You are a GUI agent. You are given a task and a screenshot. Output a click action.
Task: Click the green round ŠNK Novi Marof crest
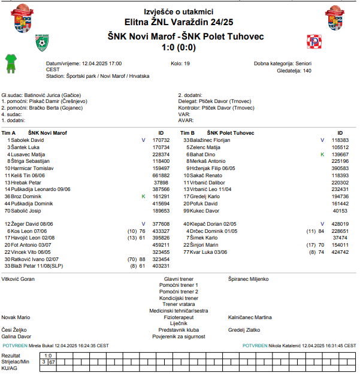tap(42, 41)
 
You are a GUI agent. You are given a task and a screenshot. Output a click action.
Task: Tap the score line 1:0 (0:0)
tap(180, 47)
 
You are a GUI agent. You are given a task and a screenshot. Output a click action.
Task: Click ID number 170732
tap(161, 140)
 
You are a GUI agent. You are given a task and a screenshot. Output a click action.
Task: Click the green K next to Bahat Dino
tap(322, 154)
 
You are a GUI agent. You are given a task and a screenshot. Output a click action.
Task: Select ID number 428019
tap(340, 223)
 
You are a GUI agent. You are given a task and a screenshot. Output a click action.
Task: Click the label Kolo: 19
tap(180, 63)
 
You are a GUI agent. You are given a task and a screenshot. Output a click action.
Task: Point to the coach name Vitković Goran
tap(19, 278)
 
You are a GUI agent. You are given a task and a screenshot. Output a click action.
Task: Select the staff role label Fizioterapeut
tap(179, 317)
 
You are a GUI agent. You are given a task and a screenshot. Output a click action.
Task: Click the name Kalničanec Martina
tap(250, 317)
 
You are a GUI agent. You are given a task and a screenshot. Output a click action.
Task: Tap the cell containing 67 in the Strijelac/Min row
tap(52, 362)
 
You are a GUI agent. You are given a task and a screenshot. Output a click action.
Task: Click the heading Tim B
tap(187, 133)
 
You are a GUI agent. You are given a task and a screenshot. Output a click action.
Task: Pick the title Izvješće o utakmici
tap(179, 11)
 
